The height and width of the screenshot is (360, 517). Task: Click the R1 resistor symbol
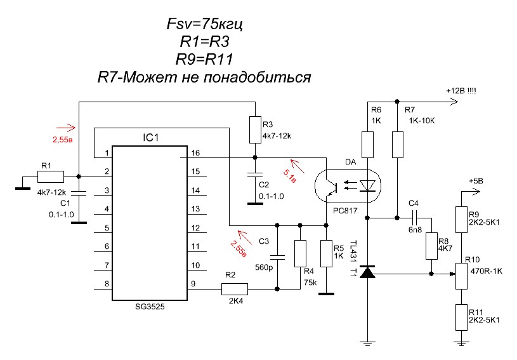click(48, 177)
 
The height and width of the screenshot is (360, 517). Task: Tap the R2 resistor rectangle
click(234, 290)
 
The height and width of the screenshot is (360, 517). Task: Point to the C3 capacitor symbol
click(277, 257)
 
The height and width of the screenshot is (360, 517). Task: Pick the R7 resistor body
click(397, 144)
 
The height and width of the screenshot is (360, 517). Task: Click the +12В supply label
click(462, 91)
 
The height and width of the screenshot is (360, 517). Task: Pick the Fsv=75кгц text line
click(203, 25)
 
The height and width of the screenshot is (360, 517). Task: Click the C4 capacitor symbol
click(414, 218)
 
